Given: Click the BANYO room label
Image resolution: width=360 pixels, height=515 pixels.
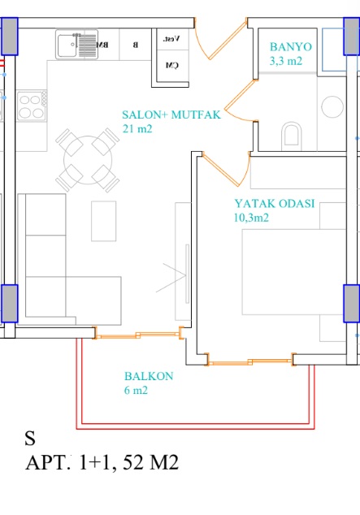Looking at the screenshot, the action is (291, 47).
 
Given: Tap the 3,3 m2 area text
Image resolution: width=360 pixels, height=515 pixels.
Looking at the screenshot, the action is (286, 61).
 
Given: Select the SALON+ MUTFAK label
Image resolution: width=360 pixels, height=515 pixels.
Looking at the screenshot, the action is (171, 115).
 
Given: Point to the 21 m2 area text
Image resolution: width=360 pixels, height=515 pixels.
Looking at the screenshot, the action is (137, 128).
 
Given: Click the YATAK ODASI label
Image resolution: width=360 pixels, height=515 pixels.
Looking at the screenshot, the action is (275, 204).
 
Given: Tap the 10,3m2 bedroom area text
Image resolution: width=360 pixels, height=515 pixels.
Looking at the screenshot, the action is (251, 218).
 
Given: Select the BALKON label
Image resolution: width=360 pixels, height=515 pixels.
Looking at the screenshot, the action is (149, 376).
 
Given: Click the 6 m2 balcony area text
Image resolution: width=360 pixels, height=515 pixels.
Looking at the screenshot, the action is (136, 390).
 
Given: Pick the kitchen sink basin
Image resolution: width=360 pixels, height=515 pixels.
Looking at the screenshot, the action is (67, 45).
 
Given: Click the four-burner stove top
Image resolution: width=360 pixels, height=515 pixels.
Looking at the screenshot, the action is (32, 106).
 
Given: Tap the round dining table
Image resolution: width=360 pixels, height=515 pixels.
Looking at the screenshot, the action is (88, 160).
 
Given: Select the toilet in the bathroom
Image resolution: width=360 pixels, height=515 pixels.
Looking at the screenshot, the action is (292, 135).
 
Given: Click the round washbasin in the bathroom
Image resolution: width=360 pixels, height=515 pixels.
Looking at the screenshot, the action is (332, 106).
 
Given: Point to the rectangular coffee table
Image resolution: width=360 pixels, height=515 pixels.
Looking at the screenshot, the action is (104, 221).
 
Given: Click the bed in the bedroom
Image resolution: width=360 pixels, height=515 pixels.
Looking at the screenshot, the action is (294, 272).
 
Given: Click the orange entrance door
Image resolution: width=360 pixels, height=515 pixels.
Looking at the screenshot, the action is (221, 39).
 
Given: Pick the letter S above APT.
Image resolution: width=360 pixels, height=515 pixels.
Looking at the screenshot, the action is (30, 438).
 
